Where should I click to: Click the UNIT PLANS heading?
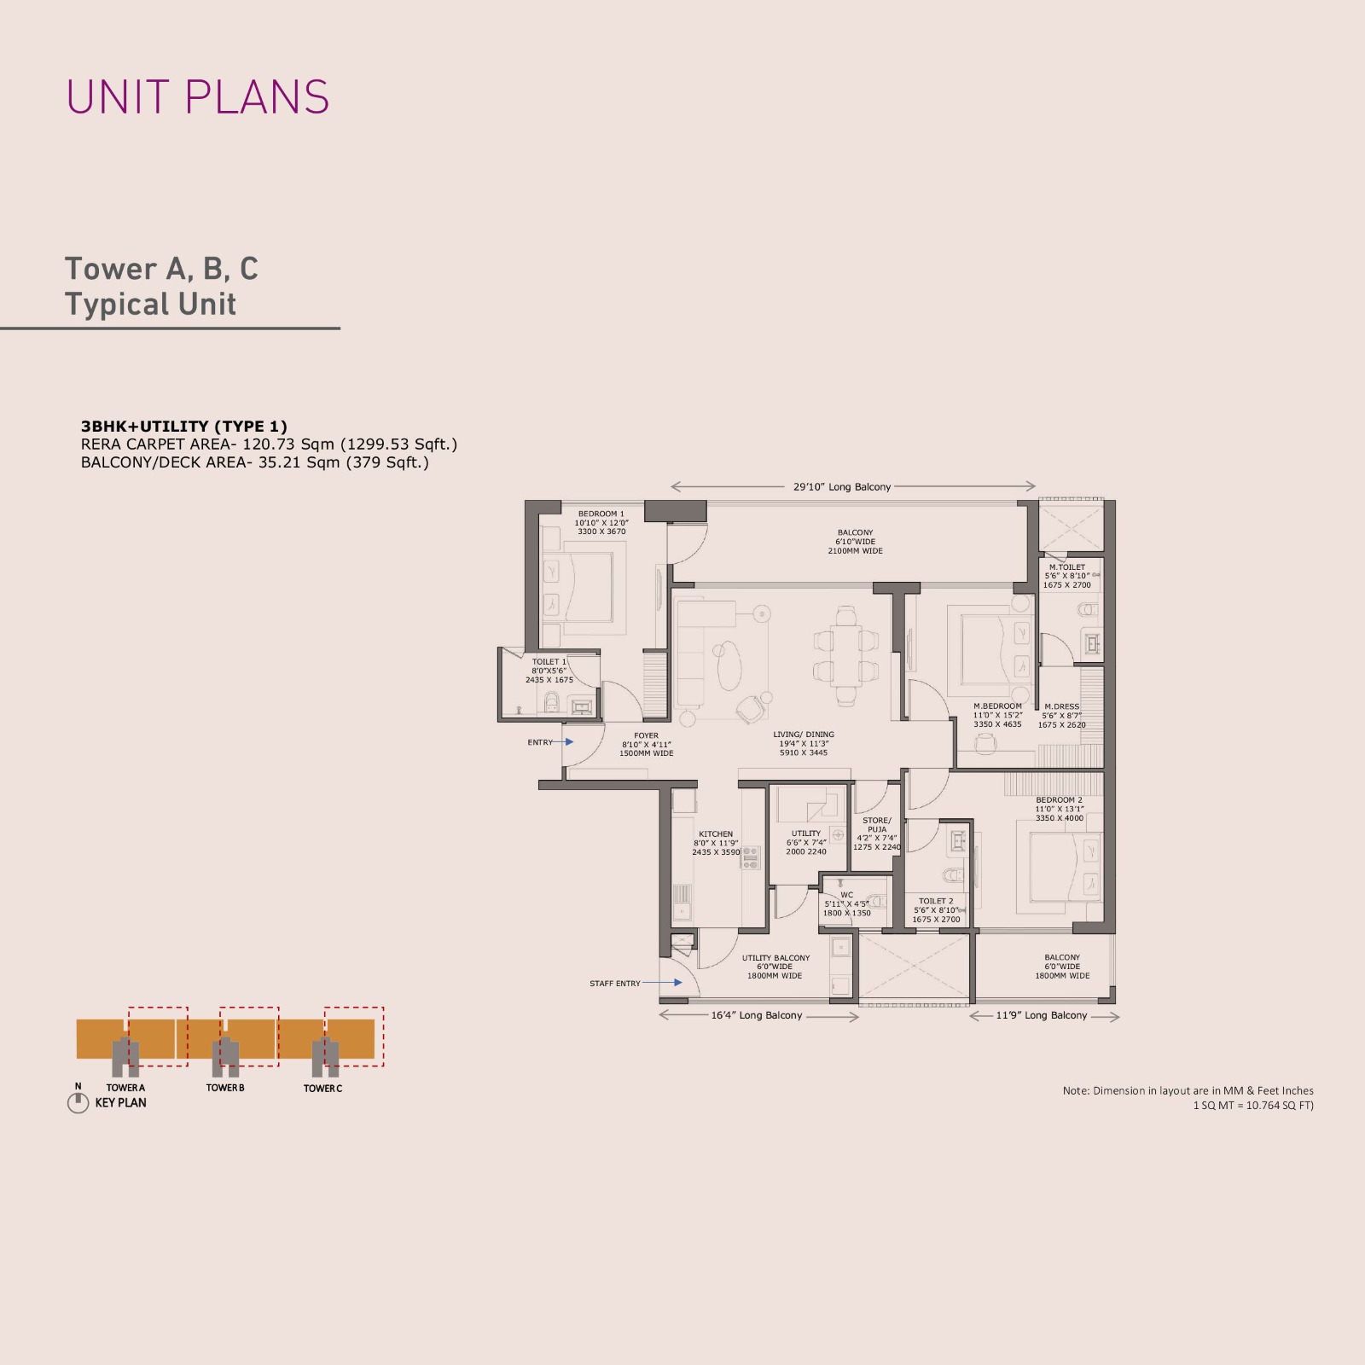198,97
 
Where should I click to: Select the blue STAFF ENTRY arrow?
662,983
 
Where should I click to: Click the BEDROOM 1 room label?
601,514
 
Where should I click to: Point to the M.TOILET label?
1067,567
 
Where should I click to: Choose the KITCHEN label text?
716,834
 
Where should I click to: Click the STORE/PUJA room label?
877,825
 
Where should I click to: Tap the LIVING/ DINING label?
804,735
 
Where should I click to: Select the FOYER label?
646,735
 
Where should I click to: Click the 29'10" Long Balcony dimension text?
842,487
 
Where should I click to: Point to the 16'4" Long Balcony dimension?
757,1015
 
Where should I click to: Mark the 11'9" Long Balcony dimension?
1042,1015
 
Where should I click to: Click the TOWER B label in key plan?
225,1088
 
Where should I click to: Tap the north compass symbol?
78,1103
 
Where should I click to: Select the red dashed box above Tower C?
354,1008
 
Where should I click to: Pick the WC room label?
846,895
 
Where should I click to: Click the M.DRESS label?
1061,706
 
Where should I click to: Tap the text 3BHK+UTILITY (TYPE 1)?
184,427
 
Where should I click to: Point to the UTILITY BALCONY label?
775,958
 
